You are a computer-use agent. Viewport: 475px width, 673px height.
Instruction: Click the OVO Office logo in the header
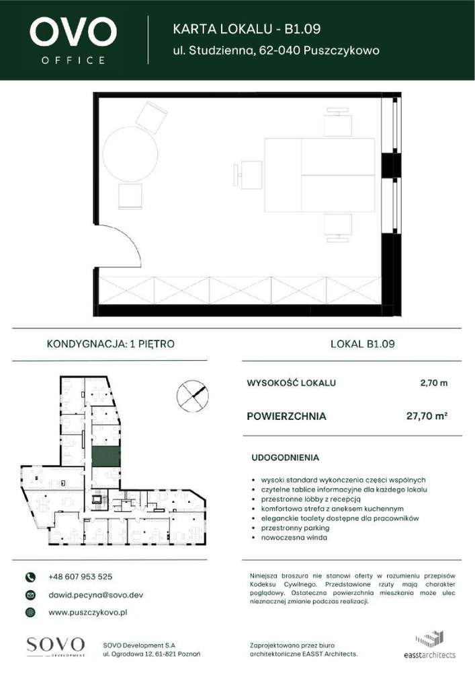point(73,40)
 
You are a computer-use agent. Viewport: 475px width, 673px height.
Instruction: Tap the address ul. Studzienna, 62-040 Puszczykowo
point(276,50)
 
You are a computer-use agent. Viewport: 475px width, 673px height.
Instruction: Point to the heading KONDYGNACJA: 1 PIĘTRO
point(110,344)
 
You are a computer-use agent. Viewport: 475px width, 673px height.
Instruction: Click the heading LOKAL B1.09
point(363,344)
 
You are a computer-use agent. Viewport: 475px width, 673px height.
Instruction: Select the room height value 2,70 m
point(433,384)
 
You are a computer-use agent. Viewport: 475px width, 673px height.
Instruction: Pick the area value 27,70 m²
point(427,417)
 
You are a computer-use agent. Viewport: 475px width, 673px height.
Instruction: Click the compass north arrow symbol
point(192,394)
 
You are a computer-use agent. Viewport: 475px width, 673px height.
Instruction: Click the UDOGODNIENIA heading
point(285,458)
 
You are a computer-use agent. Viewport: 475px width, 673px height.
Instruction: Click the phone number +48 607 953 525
point(81,577)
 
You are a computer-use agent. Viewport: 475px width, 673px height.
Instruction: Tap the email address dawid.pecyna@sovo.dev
point(95,595)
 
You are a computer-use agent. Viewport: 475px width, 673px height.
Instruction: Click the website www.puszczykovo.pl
point(88,612)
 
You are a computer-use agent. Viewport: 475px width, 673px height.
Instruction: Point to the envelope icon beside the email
point(30,595)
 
